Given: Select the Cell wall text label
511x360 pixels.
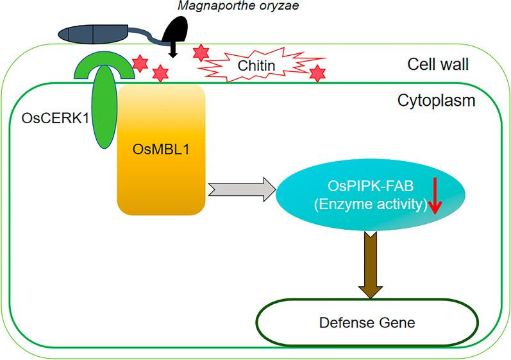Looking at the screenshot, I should (440, 64).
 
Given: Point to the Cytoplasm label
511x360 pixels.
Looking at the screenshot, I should (436, 101).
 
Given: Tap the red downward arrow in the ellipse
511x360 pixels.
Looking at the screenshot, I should (435, 196).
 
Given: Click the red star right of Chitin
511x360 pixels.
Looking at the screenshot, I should (317, 74).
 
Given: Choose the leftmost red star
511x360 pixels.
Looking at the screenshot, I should (138, 62).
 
